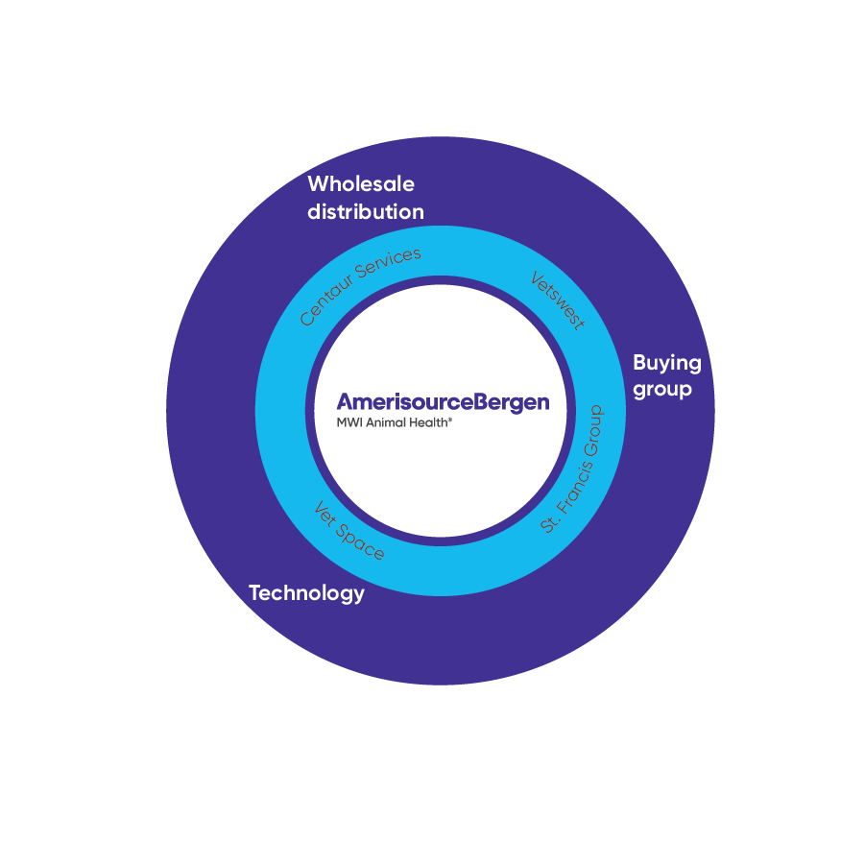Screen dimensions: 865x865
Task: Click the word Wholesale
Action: click(x=361, y=183)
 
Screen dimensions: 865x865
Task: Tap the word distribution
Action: click(x=366, y=212)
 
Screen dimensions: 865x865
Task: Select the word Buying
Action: click(x=667, y=363)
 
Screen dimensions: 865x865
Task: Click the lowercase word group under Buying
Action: click(x=662, y=390)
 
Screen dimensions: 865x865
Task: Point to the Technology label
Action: click(x=306, y=593)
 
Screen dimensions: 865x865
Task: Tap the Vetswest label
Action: click(x=558, y=300)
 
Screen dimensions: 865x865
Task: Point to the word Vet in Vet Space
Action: click(x=325, y=516)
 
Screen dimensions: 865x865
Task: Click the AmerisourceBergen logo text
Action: click(x=443, y=402)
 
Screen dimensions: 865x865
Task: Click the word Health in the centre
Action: click(x=428, y=421)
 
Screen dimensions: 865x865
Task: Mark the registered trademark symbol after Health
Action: click(x=450, y=419)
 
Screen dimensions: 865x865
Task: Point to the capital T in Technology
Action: click(x=255, y=592)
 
